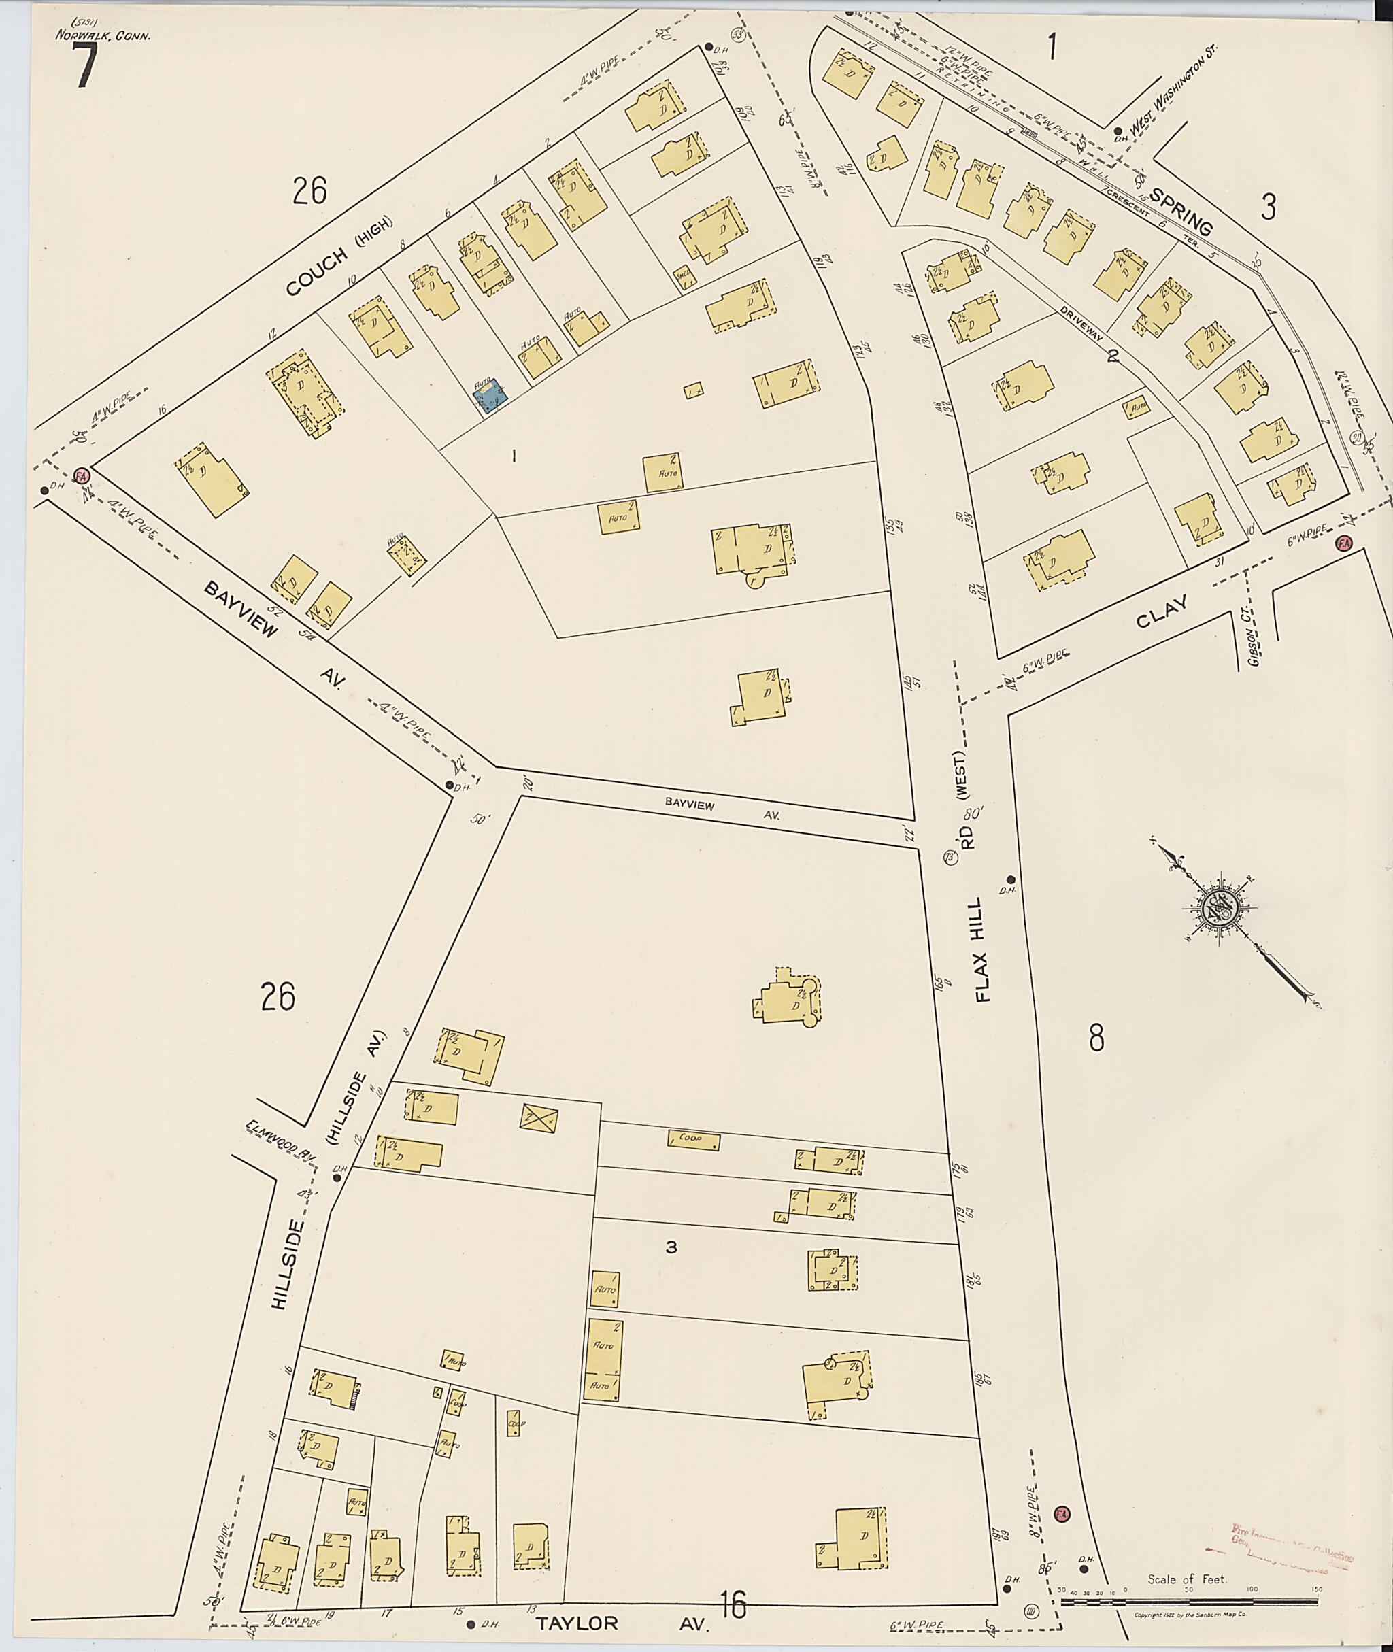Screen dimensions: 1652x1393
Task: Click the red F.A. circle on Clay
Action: (x=1342, y=543)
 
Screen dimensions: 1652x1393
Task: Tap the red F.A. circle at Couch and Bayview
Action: (x=80, y=475)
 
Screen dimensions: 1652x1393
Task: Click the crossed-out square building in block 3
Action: (x=540, y=1117)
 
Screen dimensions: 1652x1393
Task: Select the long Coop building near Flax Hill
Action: (x=693, y=1141)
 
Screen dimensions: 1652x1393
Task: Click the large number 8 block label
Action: (x=1096, y=1038)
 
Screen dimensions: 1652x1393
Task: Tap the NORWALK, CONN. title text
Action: (x=103, y=35)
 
